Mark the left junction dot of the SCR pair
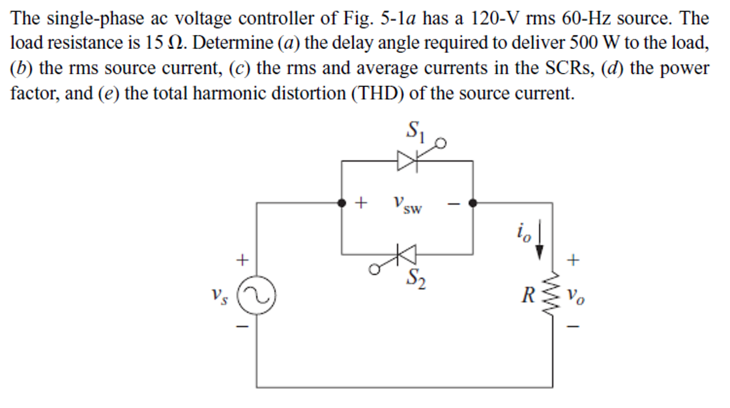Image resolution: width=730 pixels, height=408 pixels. pos(341,203)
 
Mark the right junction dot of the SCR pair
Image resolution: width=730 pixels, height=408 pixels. pos(473,203)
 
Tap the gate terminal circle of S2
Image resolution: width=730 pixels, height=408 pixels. pos(374,267)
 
